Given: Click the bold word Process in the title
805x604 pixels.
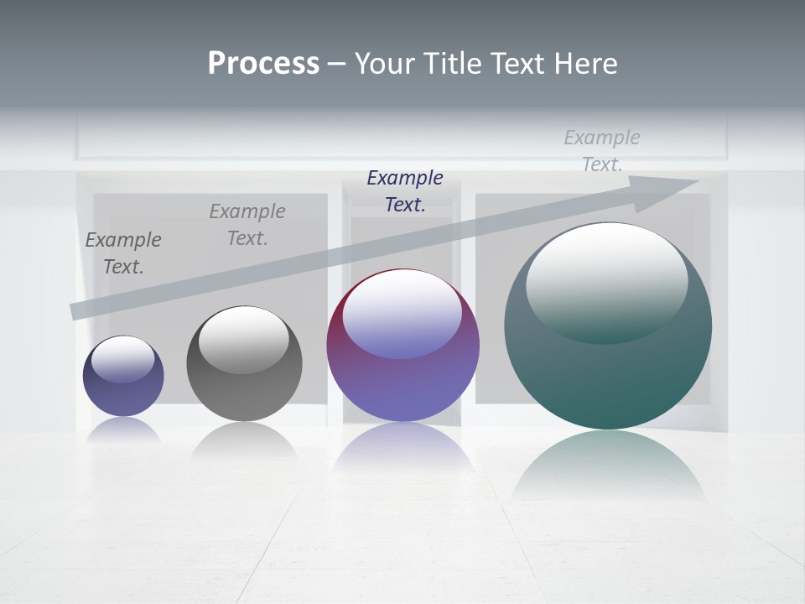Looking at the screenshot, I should tap(263, 64).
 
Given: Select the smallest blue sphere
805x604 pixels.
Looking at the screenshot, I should tap(123, 377).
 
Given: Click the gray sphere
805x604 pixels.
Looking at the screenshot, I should tap(244, 364).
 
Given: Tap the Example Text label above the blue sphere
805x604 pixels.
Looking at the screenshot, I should tap(123, 253).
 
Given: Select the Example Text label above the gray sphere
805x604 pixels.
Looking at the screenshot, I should tap(247, 224).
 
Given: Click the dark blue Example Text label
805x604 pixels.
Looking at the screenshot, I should tap(405, 190).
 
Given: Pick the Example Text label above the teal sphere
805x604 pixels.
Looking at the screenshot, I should tap(602, 150).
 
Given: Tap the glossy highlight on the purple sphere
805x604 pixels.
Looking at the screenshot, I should tap(402, 315).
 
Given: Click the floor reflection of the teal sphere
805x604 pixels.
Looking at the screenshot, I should tap(608, 466).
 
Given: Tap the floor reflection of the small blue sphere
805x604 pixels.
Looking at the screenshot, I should tap(123, 430).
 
